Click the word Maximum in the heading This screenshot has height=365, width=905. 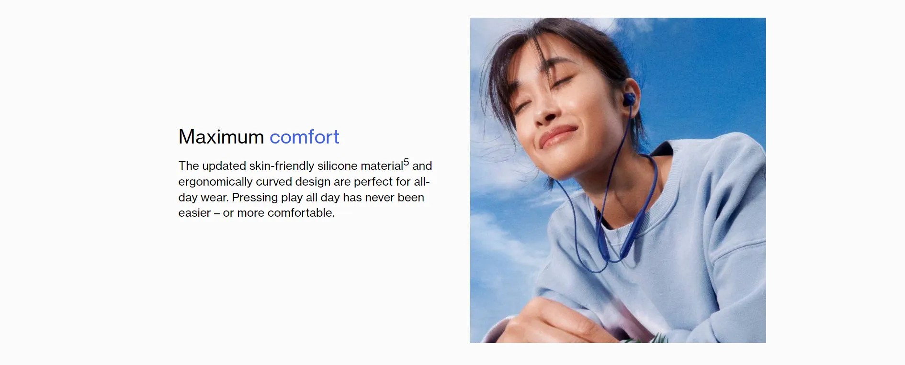point(221,137)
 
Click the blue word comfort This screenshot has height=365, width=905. point(305,137)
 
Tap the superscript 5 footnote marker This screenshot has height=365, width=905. point(406,162)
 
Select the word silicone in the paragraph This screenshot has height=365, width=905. point(338,166)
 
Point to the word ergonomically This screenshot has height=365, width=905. point(215,182)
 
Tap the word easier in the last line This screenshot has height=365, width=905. point(194,213)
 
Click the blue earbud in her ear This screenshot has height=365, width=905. point(629,100)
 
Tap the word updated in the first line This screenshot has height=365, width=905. point(224,166)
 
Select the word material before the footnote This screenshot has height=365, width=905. point(382,166)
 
